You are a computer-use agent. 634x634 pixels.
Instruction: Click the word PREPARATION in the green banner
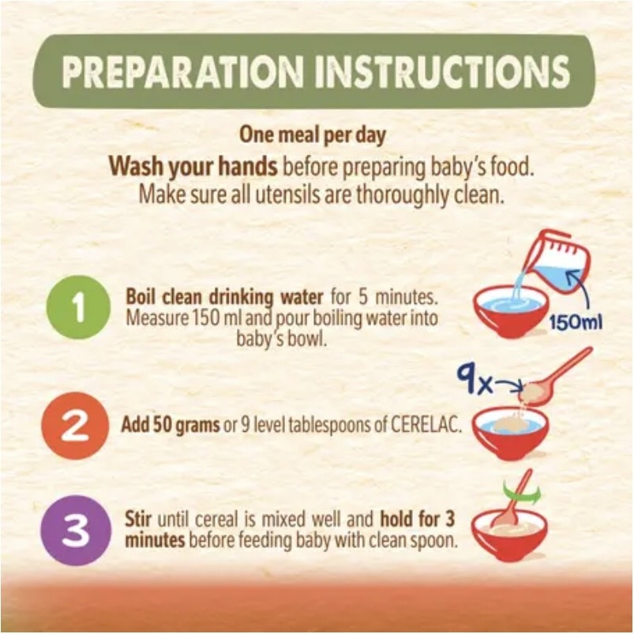(182, 71)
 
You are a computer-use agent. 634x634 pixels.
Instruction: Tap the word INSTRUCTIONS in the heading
(443, 71)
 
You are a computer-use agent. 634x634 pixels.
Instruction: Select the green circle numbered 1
(78, 308)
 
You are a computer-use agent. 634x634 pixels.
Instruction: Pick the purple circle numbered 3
(75, 530)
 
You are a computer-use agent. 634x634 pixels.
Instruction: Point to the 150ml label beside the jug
(576, 323)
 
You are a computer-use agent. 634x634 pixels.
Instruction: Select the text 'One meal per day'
(312, 135)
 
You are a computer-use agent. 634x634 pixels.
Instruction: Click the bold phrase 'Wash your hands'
(193, 166)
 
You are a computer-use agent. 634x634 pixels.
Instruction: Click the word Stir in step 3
(138, 520)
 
